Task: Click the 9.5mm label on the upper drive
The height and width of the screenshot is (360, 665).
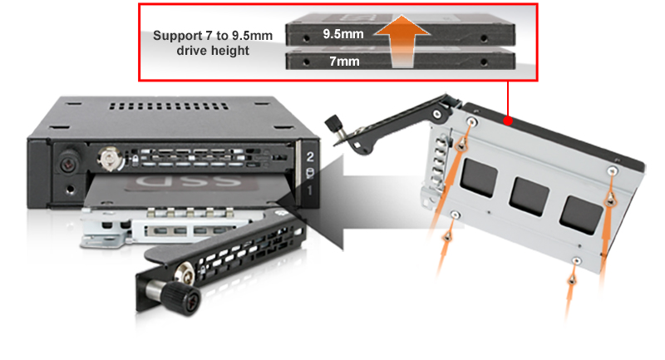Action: point(343,34)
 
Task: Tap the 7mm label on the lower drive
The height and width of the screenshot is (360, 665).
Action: point(344,62)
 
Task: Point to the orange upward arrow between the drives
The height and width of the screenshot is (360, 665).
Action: point(401,40)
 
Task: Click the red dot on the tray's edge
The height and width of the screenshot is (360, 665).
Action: point(508,121)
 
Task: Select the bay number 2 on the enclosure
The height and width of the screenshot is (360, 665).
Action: point(310,157)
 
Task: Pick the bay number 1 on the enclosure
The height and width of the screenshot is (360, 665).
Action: point(310,190)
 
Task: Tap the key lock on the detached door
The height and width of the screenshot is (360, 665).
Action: point(185,271)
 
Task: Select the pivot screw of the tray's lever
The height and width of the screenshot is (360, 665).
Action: point(437,114)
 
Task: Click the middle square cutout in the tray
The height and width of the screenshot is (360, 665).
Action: point(529,197)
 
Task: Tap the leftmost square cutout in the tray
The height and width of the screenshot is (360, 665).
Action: point(479,178)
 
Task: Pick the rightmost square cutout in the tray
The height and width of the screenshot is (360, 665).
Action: point(581,215)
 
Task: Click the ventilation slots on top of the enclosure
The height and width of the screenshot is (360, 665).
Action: point(169,106)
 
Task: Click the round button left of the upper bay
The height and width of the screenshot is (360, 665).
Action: point(68,163)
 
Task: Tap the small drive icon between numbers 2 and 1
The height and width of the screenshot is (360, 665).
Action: point(310,173)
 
